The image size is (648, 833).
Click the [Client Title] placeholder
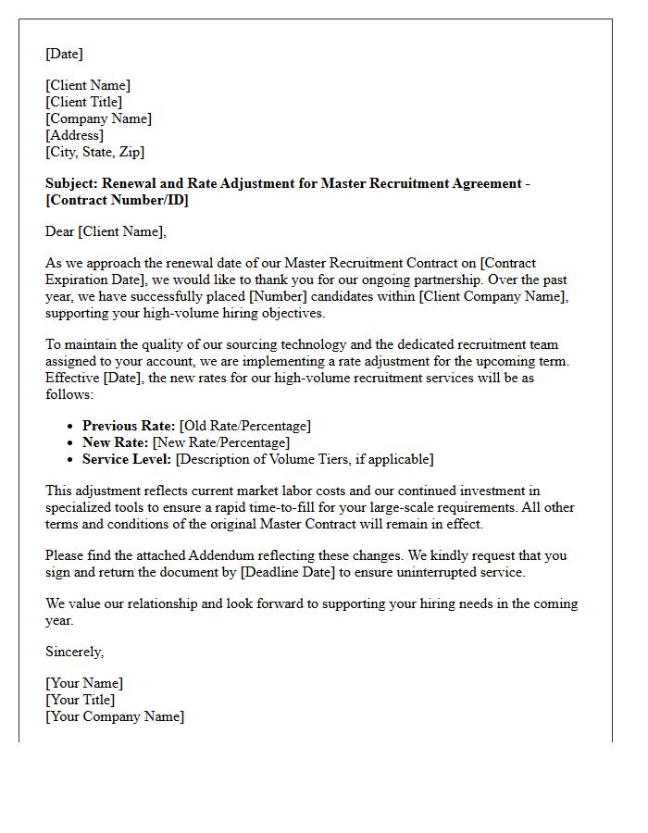[x=83, y=102]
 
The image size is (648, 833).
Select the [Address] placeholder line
[x=75, y=135]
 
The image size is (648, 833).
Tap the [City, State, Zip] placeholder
[x=94, y=152]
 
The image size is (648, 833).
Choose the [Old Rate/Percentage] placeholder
[x=245, y=426]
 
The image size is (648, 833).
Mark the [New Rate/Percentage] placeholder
[x=221, y=442]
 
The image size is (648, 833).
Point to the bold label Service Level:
[x=127, y=459]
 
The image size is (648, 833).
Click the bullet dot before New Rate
[x=72, y=443]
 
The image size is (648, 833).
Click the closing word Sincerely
[x=74, y=652]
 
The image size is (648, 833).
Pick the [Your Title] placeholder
[x=80, y=700]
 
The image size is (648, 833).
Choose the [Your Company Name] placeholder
[x=115, y=716]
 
